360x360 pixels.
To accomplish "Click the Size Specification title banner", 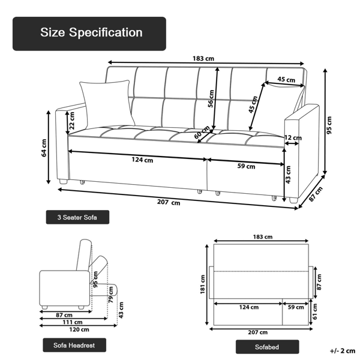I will click(89, 34).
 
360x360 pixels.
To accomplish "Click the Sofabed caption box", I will click(266, 346).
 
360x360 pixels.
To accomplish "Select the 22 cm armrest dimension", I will click(72, 121).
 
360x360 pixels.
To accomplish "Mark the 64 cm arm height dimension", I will click(44, 147).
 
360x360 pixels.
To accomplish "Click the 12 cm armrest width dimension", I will click(292, 138).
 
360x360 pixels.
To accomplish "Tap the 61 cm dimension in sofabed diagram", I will click(316, 310).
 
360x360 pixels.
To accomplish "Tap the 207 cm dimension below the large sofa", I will click(169, 203).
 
